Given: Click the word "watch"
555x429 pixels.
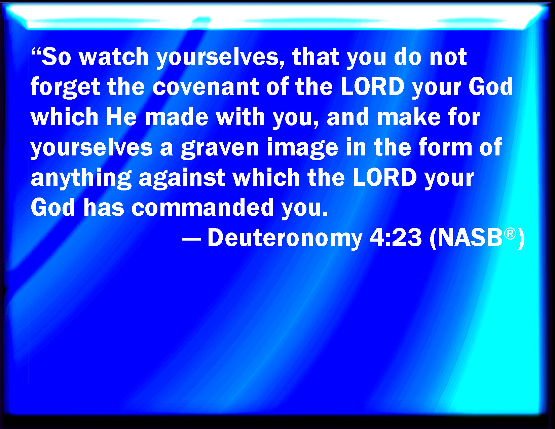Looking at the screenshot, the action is click(114, 57).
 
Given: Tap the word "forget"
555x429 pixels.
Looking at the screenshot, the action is click(65, 87).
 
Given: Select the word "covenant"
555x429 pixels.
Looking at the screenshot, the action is click(206, 87).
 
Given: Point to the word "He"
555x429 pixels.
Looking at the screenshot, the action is click(121, 117).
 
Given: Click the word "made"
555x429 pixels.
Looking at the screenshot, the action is click(177, 117).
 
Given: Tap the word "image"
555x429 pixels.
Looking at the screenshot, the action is click(303, 147).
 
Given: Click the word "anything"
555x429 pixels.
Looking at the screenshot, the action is click(81, 178).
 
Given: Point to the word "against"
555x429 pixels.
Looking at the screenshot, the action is click(182, 178).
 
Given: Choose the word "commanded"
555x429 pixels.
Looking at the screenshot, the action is click(203, 208).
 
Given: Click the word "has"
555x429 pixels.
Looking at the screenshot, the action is click(104, 208).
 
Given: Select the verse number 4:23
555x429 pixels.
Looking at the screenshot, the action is click(396, 238).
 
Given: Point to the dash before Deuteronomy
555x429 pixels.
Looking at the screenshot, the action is click(191, 241).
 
